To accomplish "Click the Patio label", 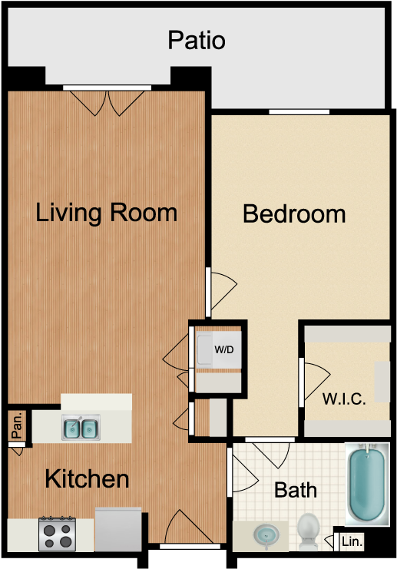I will point(197,39).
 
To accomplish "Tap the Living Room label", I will point(107,212).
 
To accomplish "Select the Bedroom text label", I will point(294,213).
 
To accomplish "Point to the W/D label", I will point(223,350).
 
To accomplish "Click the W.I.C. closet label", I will point(343,399).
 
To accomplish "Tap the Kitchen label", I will point(87,479).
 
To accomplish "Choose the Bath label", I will point(296,489).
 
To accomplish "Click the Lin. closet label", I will point(352,542).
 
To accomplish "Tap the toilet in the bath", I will point(309,531).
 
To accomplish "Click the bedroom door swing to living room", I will point(220,288).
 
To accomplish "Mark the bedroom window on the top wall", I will point(299,113).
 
